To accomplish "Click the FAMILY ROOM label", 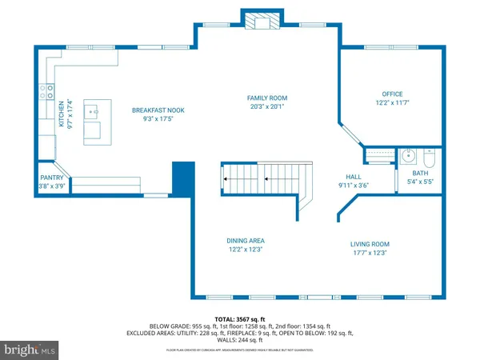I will coord(266,98).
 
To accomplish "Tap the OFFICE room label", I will coord(392,94).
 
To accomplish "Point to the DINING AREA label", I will coord(246,241).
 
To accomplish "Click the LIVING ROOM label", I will coord(369,244).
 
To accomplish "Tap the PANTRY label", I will coord(51,178).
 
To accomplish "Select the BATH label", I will coord(421,173).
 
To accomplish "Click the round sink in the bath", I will coord(406,156).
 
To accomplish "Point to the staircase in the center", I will coord(264,179).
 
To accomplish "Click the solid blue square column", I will coord(184,178).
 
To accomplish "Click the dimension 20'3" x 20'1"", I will coord(266,106).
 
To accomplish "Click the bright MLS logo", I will coord(30,350).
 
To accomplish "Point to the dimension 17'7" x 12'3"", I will coord(369,253).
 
